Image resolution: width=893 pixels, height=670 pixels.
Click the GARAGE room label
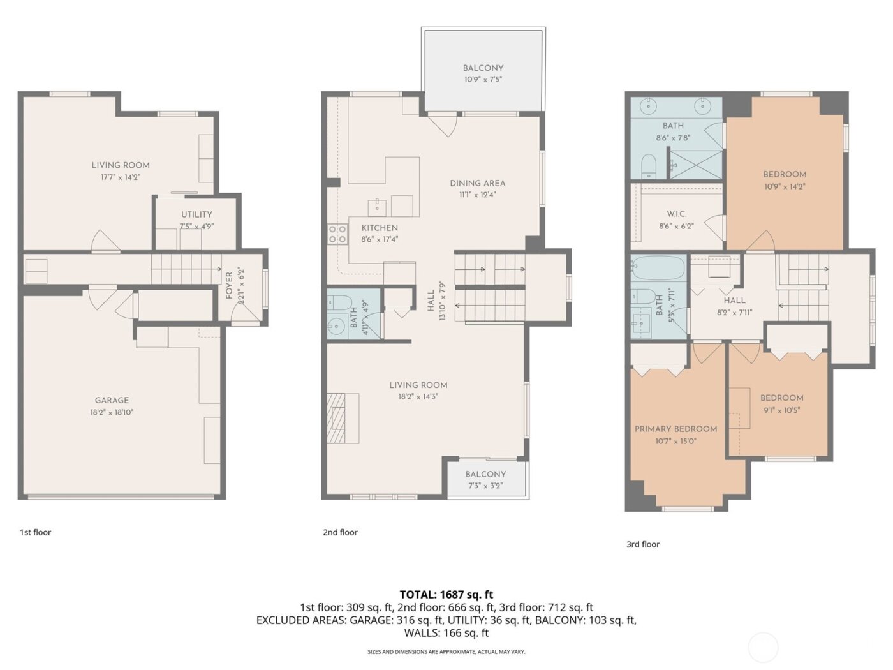(x=112, y=400)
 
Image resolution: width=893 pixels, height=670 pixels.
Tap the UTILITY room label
(x=196, y=214)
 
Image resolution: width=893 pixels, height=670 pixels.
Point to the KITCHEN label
(x=380, y=228)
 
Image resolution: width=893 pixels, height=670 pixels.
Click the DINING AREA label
(x=477, y=183)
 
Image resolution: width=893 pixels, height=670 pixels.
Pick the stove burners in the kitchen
(x=337, y=234)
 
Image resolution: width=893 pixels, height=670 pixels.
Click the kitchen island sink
(x=377, y=207)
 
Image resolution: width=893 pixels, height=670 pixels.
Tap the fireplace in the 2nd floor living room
(x=336, y=419)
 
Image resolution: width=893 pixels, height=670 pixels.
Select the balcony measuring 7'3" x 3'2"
(x=485, y=479)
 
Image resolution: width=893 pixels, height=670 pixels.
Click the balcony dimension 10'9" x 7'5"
(x=483, y=80)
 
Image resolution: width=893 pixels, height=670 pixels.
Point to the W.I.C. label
(x=676, y=214)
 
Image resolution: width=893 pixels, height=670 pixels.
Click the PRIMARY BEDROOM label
(x=675, y=429)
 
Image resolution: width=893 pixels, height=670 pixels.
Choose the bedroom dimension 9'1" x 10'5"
(x=781, y=410)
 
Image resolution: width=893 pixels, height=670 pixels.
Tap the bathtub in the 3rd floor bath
(x=658, y=268)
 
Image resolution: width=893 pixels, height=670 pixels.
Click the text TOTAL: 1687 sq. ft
(x=447, y=595)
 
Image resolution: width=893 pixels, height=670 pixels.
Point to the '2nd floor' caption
(x=340, y=532)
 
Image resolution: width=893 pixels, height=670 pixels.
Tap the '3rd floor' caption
(x=642, y=544)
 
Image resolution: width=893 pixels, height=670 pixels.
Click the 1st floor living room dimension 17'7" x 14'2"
(x=121, y=177)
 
